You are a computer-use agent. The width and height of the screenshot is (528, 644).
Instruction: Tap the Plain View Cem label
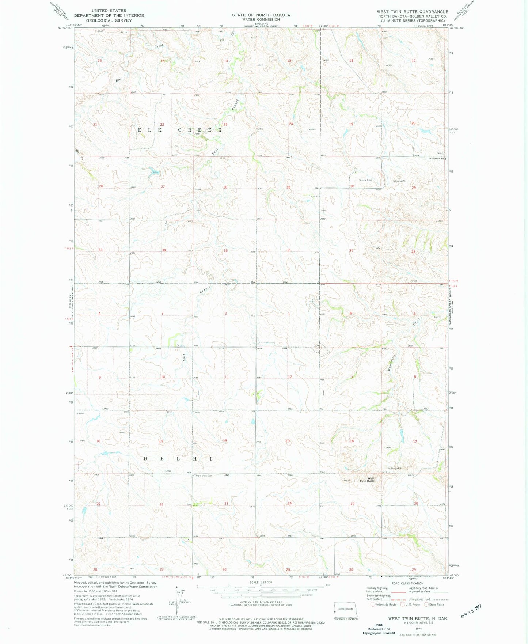pyautogui.click(x=204, y=476)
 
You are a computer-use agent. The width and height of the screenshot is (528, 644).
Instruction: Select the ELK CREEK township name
pyautogui.click(x=180, y=130)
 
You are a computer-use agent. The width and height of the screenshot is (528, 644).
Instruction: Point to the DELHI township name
pyautogui.click(x=177, y=458)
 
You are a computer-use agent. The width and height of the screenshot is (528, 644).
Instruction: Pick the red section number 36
pyautogui.click(x=289, y=250)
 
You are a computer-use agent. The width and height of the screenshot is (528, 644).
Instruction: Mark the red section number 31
pyautogui.click(x=351, y=250)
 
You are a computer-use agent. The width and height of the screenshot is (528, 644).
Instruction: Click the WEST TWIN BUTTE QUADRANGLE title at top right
pyautogui.click(x=412, y=12)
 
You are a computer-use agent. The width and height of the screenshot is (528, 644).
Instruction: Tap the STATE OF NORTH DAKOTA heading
pyautogui.click(x=261, y=15)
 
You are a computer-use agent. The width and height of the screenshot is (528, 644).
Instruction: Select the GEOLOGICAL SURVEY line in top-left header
pyautogui.click(x=109, y=20)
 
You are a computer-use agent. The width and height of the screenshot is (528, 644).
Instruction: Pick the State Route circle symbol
pyautogui.click(x=426, y=604)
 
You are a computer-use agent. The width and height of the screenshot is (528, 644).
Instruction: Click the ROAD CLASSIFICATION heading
pyautogui.click(x=407, y=583)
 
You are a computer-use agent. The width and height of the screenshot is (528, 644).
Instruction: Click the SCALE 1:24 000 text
pyautogui.click(x=261, y=582)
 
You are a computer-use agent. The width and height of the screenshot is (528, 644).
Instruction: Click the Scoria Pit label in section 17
pyautogui.click(x=395, y=469)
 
